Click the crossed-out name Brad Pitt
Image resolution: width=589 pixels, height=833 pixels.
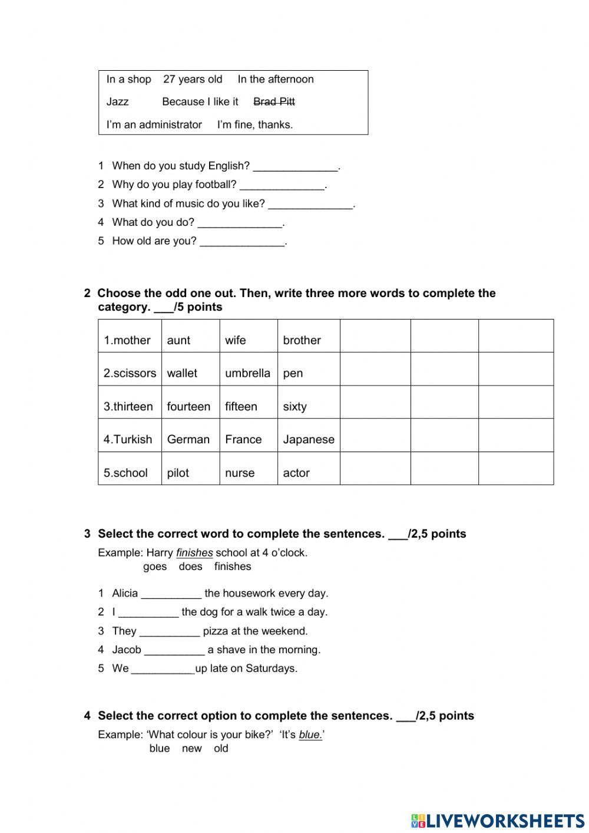click(x=274, y=102)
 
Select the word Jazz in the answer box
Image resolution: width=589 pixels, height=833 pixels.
click(x=117, y=102)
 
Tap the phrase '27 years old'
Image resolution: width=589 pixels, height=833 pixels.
click(x=193, y=80)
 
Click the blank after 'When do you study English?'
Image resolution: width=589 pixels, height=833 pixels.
click(x=296, y=167)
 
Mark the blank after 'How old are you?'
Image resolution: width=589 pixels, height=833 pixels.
click(x=242, y=242)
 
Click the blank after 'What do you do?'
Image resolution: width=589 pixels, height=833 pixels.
click(x=240, y=223)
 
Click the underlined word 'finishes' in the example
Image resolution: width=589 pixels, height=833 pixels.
click(x=194, y=553)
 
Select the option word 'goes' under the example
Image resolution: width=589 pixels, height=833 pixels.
click(x=155, y=567)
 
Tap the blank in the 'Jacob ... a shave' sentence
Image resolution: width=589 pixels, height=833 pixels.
click(x=174, y=651)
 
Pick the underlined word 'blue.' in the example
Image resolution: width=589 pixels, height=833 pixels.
click(x=310, y=735)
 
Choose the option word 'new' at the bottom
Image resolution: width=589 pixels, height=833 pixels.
click(x=192, y=749)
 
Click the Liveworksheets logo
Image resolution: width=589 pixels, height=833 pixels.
click(x=498, y=821)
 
